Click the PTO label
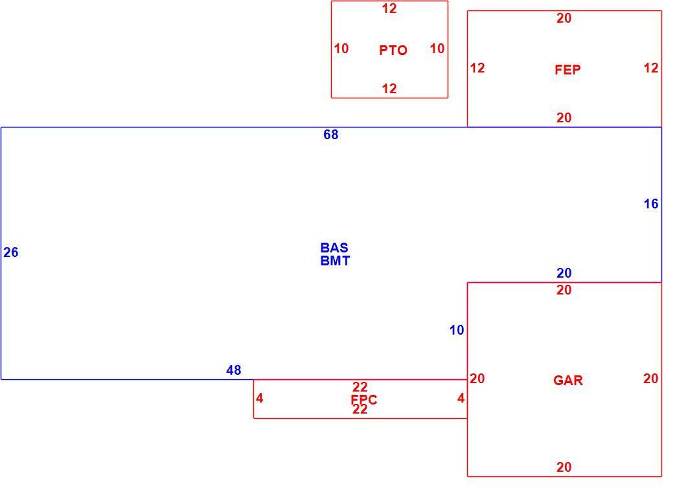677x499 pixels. click(393, 50)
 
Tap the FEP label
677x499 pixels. click(568, 70)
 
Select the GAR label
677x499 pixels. click(568, 381)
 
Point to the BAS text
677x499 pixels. click(334, 248)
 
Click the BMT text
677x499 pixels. click(335, 261)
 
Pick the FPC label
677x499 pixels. click(364, 400)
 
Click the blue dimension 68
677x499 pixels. click(331, 135)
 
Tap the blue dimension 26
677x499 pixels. click(11, 253)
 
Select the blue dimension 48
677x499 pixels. click(234, 370)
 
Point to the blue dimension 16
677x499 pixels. click(650, 205)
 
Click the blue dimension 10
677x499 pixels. click(457, 331)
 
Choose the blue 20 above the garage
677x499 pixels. click(564, 274)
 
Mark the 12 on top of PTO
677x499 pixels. click(389, 9)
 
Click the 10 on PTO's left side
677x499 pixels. click(341, 49)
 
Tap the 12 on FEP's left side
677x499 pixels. click(477, 68)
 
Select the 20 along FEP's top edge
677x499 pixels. click(564, 19)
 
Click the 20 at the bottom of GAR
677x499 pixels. click(564, 467)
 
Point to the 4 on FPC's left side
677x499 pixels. click(260, 399)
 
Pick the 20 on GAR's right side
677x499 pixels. click(650, 379)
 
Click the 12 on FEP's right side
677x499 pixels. click(650, 68)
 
